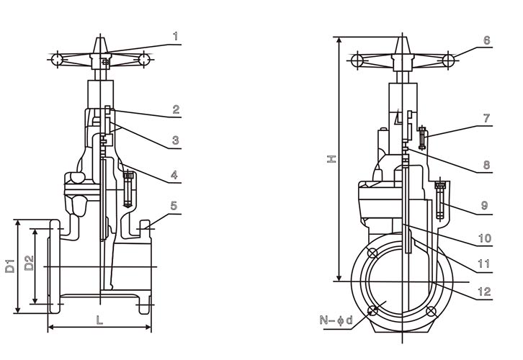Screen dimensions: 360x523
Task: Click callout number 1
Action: (176, 36)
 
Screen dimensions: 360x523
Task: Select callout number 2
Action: (176, 110)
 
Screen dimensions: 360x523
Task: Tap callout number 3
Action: (176, 141)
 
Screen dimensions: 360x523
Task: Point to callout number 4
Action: (176, 175)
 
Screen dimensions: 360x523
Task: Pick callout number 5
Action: (174, 206)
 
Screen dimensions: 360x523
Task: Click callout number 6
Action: (486, 41)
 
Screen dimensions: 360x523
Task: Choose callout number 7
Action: (486, 117)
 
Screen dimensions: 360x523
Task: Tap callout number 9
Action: (486, 206)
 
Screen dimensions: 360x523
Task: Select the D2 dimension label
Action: (29, 264)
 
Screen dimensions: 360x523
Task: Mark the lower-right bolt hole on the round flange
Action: (431, 311)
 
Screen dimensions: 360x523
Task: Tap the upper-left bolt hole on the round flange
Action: (372, 252)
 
